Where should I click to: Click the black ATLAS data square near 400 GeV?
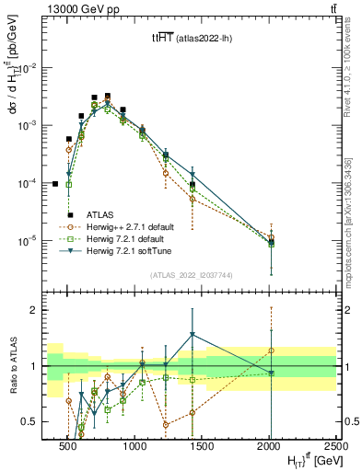click(55, 184)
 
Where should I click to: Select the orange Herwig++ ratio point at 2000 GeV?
click(271, 350)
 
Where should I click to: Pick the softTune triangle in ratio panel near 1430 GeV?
click(192, 335)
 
